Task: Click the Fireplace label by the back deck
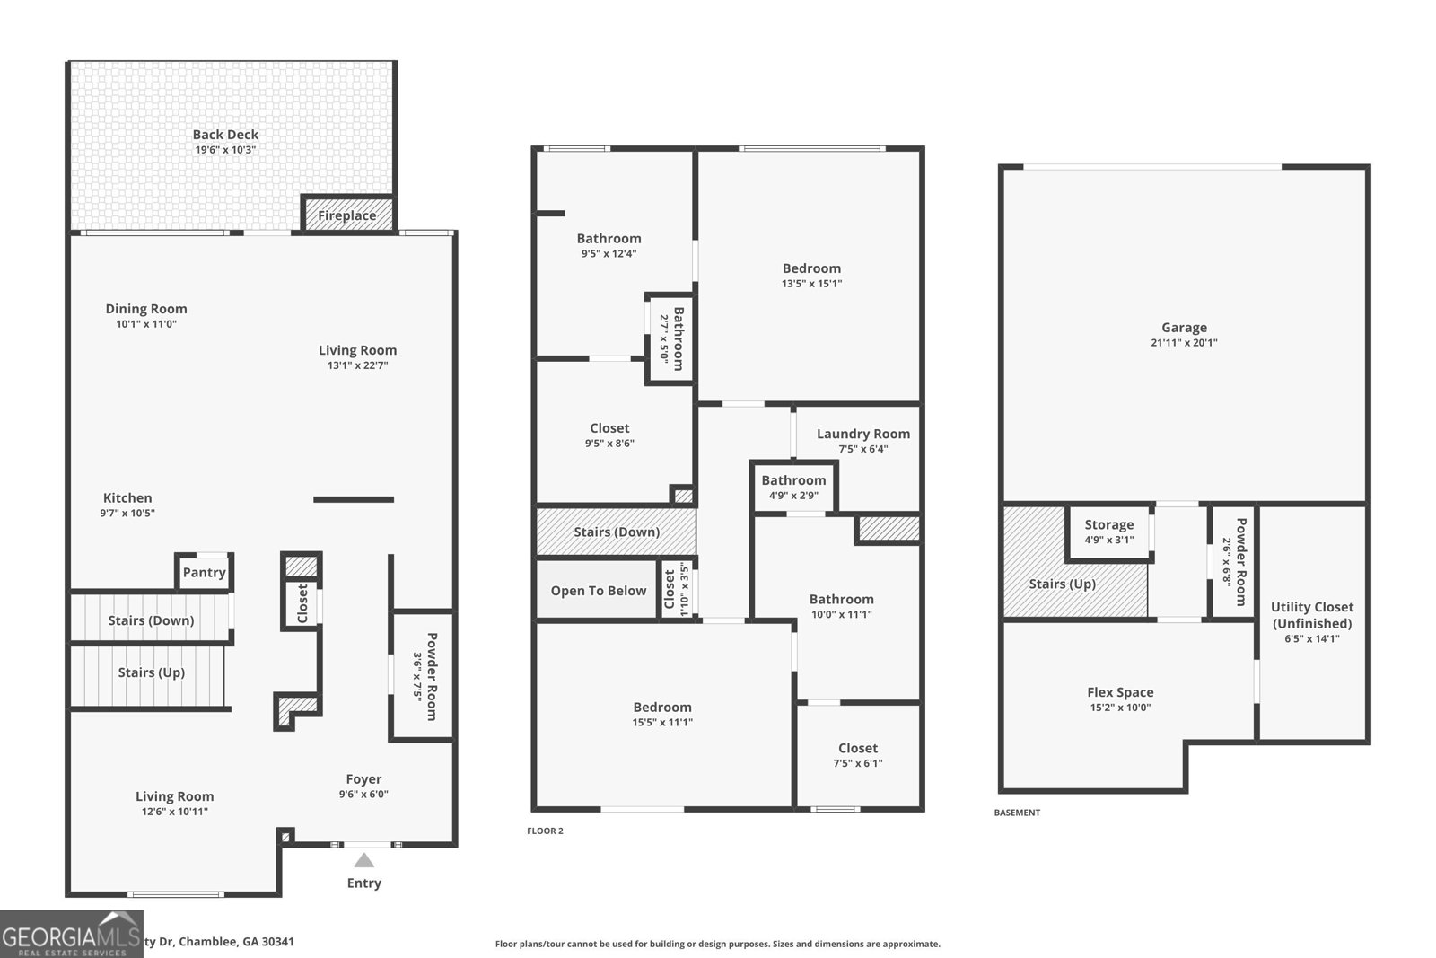(346, 215)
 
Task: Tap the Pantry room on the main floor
(205, 573)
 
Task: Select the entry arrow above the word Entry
(363, 860)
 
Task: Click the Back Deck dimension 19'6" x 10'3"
(225, 150)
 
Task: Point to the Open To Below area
(598, 591)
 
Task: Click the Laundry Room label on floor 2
(862, 434)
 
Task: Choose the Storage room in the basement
(1108, 532)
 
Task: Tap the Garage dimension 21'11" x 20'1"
(1184, 343)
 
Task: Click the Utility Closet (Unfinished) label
(1311, 615)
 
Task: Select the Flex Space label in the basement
(1120, 692)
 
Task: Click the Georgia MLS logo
(72, 935)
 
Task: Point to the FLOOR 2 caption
(545, 831)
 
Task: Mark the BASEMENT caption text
(1017, 813)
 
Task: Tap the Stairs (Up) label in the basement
(1062, 584)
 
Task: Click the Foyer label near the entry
(363, 779)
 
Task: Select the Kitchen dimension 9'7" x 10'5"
(127, 514)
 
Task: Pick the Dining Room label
(146, 309)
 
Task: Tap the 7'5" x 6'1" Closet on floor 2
(858, 755)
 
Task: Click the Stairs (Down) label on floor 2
(617, 532)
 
